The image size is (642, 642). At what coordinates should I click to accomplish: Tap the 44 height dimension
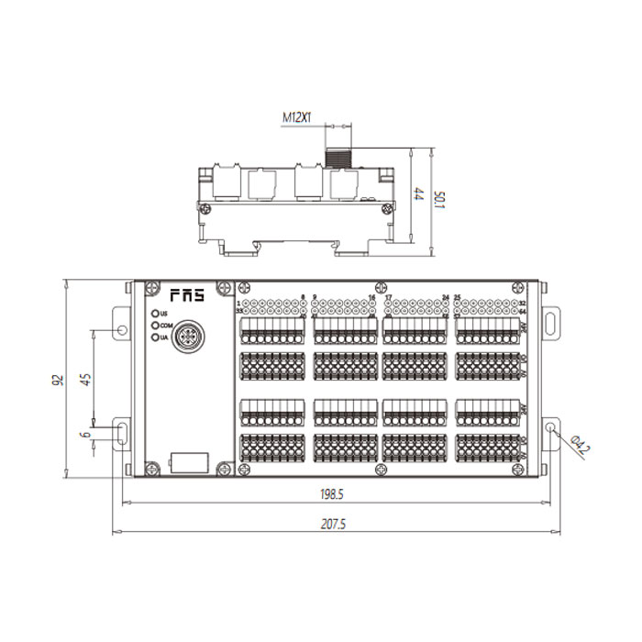pyautogui.click(x=417, y=194)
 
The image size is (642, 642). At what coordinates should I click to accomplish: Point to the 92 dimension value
pyautogui.click(x=57, y=379)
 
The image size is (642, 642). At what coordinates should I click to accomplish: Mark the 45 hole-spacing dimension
pyautogui.click(x=85, y=379)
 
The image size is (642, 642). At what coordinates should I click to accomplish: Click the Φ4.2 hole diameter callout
pyautogui.click(x=579, y=448)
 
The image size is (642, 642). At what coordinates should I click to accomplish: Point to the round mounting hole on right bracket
pyautogui.click(x=550, y=429)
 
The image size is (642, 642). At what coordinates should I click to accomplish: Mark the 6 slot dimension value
pyautogui.click(x=85, y=435)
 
